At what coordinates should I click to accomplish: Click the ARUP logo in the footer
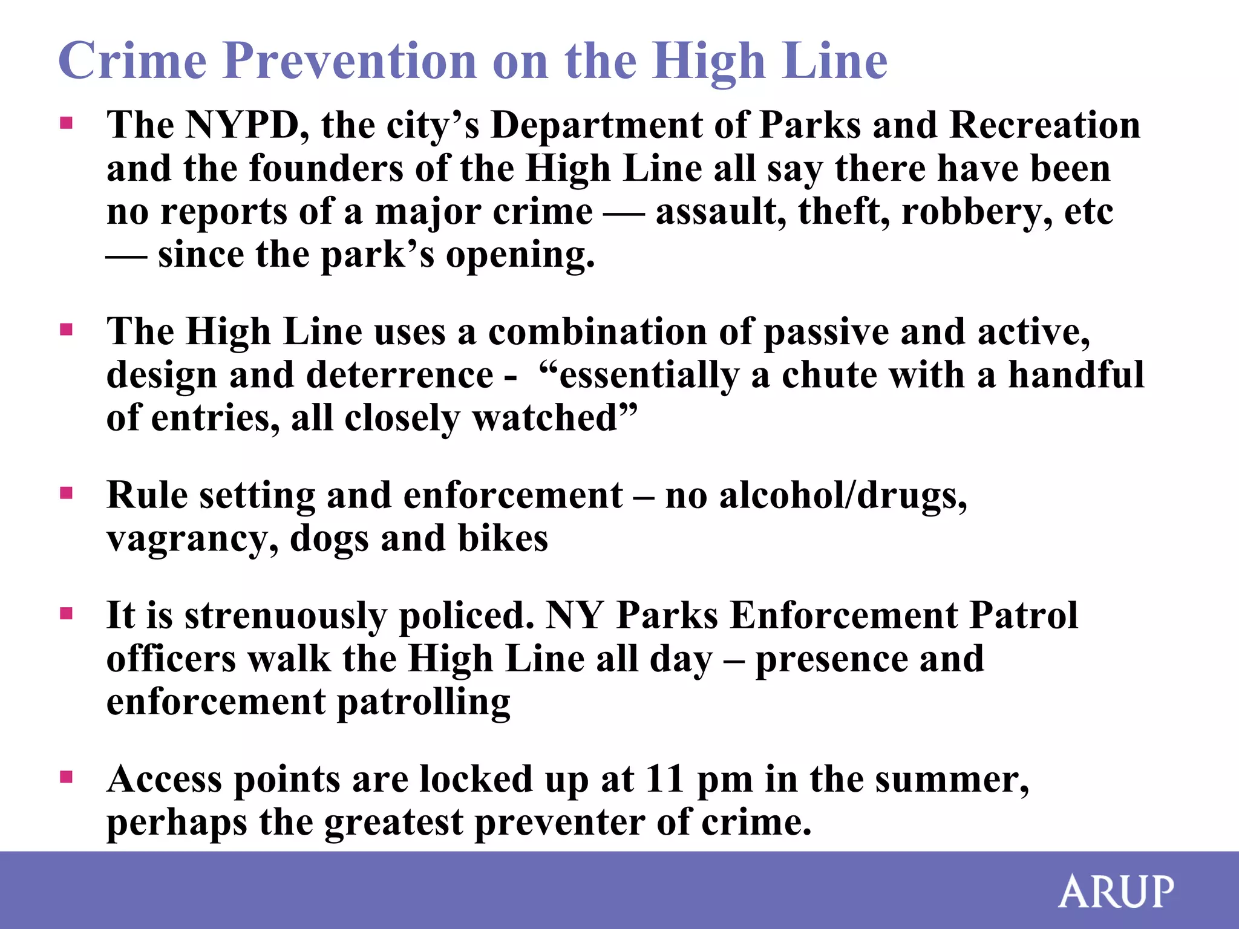point(1116,892)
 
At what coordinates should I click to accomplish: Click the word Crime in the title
point(132,61)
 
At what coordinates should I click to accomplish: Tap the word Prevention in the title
point(351,61)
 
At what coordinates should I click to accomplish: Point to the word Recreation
point(1045,125)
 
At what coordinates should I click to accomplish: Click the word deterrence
point(400,375)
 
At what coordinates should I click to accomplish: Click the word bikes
point(503,538)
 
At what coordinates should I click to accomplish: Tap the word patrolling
point(423,703)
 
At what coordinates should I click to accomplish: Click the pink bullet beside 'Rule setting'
point(67,493)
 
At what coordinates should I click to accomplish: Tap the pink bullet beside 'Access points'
point(67,777)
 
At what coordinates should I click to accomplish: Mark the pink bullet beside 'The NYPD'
point(67,123)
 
